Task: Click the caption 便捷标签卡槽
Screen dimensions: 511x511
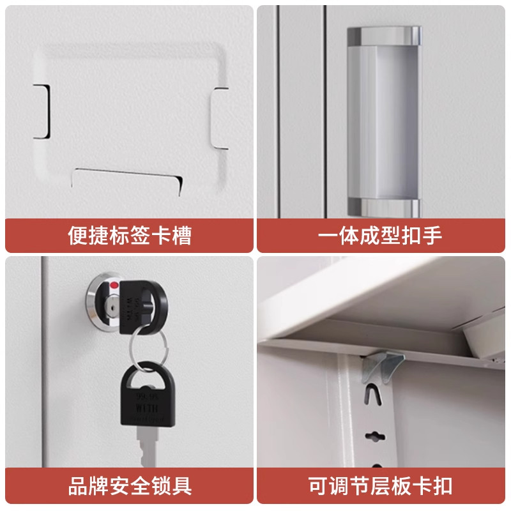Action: [x=130, y=236]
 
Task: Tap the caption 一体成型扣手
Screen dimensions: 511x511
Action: [x=381, y=236]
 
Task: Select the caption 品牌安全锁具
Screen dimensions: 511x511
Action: [x=130, y=485]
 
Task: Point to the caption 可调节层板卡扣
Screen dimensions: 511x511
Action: [x=381, y=485]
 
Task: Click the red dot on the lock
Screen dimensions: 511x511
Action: [x=114, y=286]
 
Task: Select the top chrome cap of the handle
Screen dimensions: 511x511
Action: [x=383, y=37]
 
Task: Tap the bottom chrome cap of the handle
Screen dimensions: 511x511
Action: [x=383, y=206]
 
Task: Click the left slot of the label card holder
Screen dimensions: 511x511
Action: [x=42, y=111]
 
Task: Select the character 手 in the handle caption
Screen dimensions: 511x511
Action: [x=432, y=236]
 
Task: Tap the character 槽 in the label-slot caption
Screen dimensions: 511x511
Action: [x=181, y=236]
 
